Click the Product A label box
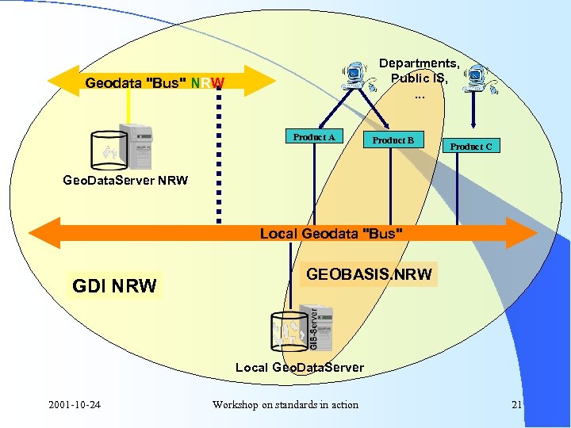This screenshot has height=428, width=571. tap(314, 137)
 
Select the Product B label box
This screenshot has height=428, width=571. tap(393, 140)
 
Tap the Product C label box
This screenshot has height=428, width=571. tap(471, 146)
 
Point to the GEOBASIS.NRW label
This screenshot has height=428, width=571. tap(369, 274)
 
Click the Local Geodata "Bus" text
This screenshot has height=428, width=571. tap(331, 233)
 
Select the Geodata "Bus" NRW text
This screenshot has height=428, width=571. tap(155, 82)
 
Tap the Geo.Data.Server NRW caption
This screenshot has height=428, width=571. tap(125, 180)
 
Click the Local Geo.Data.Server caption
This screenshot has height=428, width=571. tap(300, 367)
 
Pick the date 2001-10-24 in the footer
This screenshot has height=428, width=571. tap(75, 405)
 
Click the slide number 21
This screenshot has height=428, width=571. tap(517, 405)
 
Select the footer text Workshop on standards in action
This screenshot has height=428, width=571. tap(285, 405)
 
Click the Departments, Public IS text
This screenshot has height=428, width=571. tap(418, 77)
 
